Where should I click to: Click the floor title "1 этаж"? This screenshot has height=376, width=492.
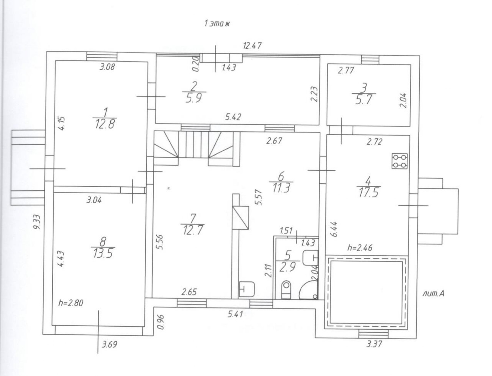pyautogui.click(x=217, y=24)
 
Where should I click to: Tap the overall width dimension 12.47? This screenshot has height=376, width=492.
pyautogui.click(x=252, y=46)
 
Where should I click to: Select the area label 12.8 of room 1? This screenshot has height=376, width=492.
pyautogui.click(x=105, y=124)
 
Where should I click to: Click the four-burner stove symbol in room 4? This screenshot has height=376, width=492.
pyautogui.click(x=399, y=161)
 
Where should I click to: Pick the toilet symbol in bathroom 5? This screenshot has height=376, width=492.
pyautogui.click(x=286, y=290)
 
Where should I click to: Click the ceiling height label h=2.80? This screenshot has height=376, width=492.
pyautogui.click(x=71, y=303)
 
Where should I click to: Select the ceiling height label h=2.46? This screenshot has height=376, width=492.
pyautogui.click(x=360, y=248)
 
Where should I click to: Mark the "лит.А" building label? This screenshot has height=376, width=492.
pyautogui.click(x=433, y=294)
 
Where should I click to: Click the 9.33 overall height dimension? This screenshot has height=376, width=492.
pyautogui.click(x=37, y=222)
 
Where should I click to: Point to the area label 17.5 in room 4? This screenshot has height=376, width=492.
pyautogui.click(x=368, y=193)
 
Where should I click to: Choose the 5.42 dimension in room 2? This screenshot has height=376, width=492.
pyautogui.click(x=233, y=117)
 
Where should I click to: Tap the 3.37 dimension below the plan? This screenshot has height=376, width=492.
pyautogui.click(x=374, y=344)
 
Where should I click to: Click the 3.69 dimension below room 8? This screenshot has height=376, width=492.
pyautogui.click(x=109, y=344)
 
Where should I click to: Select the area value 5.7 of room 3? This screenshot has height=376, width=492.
pyautogui.click(x=363, y=99)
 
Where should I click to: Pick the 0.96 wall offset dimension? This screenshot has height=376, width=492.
pyautogui.click(x=161, y=322)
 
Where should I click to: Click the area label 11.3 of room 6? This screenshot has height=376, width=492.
pyautogui.click(x=281, y=188)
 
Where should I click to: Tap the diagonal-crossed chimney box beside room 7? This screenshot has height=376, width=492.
pyautogui.click(x=241, y=218)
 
